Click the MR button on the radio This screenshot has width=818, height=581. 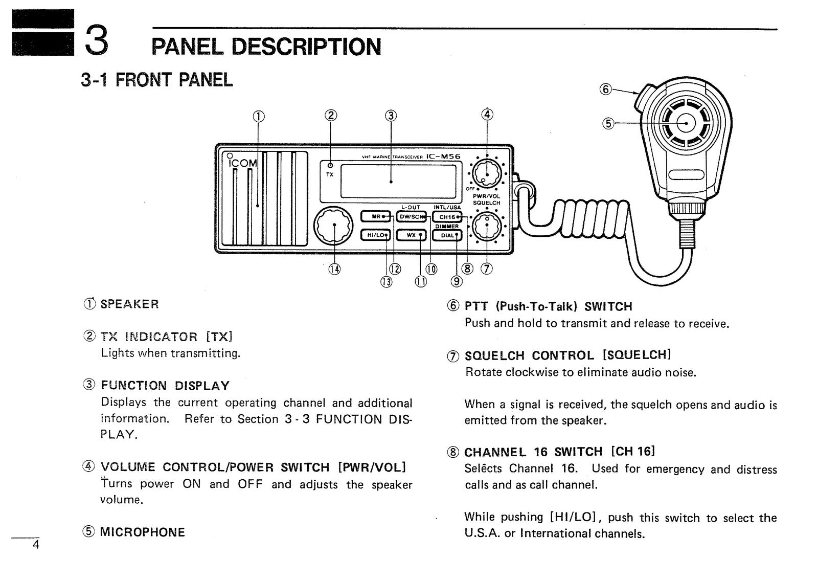click(376, 216)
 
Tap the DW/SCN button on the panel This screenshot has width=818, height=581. click(412, 216)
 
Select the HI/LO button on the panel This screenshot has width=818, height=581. click(376, 235)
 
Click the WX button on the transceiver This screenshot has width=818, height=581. click(412, 235)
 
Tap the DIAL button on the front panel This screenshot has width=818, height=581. click(447, 235)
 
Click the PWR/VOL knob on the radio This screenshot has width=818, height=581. click(487, 174)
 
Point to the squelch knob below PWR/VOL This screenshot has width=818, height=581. click(487, 227)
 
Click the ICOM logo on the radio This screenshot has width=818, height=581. click(242, 163)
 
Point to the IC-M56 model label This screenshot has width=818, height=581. click(443, 157)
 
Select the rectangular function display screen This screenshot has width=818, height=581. click(398, 182)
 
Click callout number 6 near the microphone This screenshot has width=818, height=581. click(605, 89)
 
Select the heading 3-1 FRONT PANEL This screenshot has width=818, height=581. click(156, 80)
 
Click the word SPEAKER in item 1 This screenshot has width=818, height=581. click(129, 304)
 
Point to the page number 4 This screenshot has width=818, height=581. click(35, 545)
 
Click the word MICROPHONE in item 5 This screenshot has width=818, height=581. click(142, 532)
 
